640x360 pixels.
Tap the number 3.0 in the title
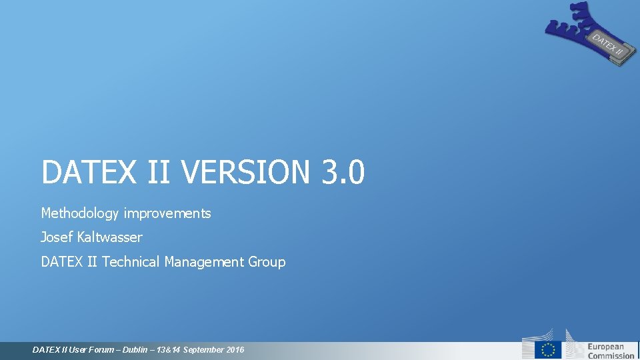[343, 173]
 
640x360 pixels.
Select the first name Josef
[57, 237]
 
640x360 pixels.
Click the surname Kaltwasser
[109, 237]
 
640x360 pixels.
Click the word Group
[267, 262]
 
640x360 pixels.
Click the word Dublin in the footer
[136, 350]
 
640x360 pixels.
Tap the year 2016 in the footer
[235, 350]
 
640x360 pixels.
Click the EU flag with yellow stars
[548, 349]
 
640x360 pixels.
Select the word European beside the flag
[605, 346]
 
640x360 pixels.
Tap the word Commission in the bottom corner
[611, 356]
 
